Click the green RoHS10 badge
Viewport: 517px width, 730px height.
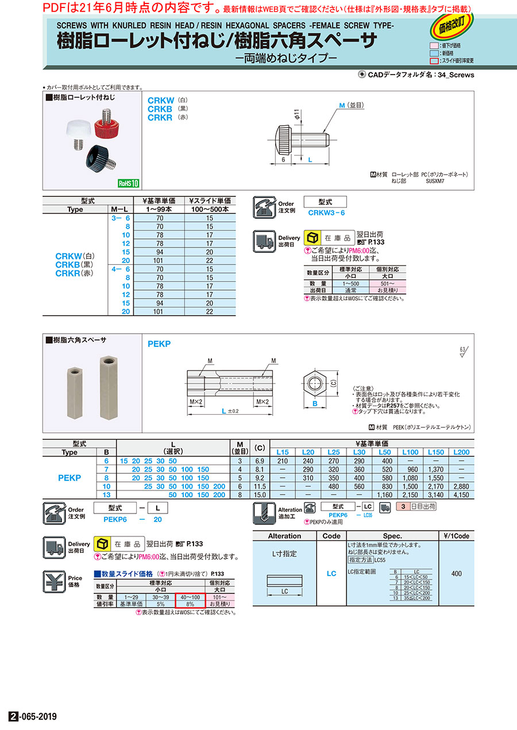tap(129, 183)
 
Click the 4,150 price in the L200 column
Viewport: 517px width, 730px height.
tap(461, 494)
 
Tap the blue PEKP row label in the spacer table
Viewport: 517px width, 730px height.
tap(70, 477)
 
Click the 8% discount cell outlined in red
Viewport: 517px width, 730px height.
tap(190, 604)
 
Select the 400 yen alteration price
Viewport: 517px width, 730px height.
tap(457, 573)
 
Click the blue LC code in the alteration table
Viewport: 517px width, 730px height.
tap(331, 573)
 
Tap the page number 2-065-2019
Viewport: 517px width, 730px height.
tap(33, 717)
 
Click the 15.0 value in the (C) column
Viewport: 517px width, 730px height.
tap(260, 494)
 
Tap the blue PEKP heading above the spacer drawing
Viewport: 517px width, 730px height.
tap(159, 345)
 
